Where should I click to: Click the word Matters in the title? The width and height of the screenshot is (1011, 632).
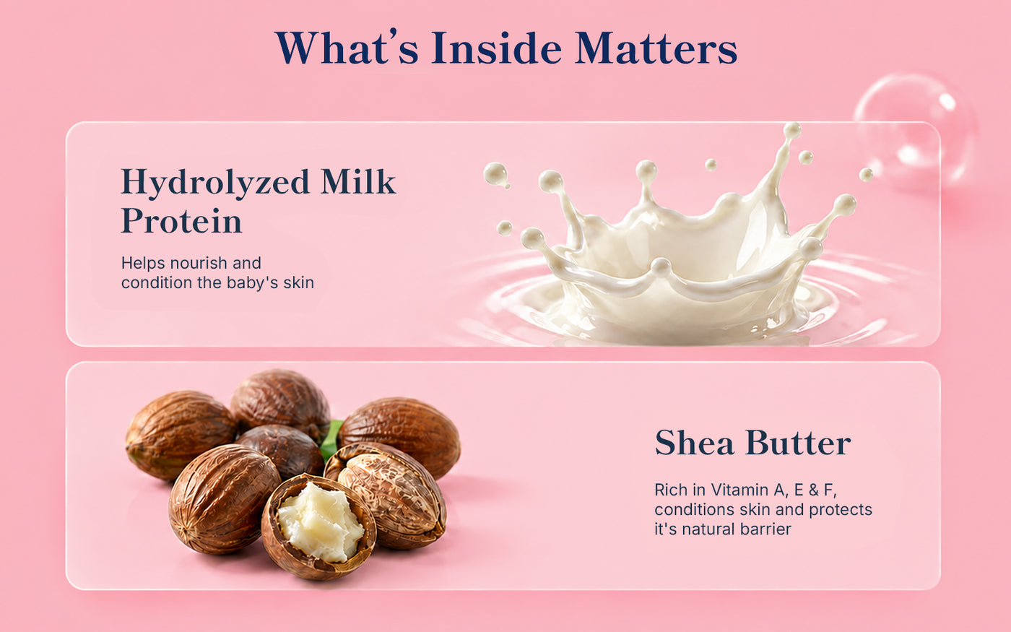656,48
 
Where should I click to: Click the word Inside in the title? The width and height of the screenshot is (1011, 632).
497,48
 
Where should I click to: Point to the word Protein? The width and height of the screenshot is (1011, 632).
181,221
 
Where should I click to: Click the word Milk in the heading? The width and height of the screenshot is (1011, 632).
358,181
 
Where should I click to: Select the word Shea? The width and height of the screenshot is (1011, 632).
694,443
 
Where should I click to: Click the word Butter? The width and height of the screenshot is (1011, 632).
798,443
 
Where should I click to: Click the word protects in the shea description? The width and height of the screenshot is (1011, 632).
841,510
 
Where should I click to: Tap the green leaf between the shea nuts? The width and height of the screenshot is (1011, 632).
331,439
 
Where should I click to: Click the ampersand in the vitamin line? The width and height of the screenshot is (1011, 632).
813,490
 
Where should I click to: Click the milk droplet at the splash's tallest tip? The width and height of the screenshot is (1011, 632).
792,131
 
